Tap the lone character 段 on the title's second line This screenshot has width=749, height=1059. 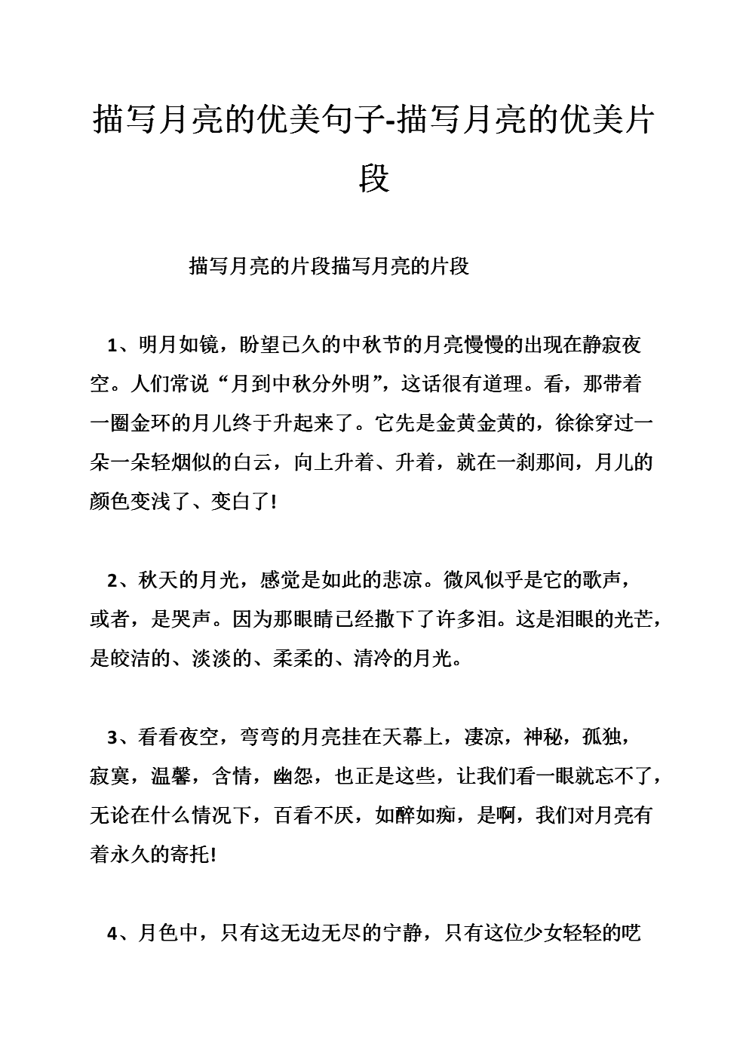(374, 179)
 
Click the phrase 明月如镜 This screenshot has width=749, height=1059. (177, 345)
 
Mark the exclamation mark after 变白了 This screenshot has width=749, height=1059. (272, 502)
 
